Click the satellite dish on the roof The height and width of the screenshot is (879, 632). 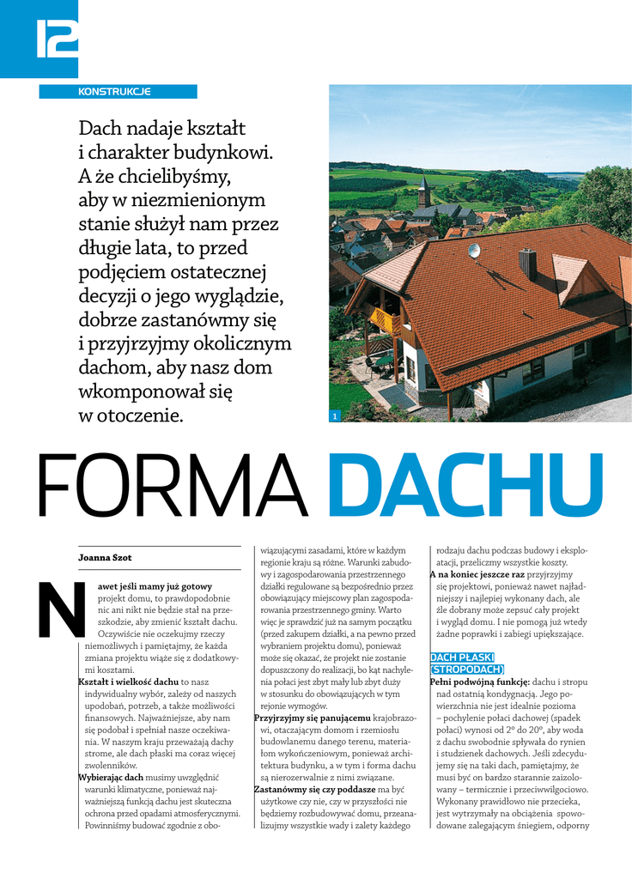click(473, 251)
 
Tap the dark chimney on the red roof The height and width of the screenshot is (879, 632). click(527, 264)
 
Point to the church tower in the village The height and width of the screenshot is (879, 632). click(423, 192)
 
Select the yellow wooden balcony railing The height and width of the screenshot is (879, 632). click(383, 320)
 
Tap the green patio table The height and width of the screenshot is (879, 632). click(383, 361)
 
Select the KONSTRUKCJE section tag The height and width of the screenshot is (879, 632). click(115, 91)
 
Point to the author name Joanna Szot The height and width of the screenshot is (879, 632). click(105, 558)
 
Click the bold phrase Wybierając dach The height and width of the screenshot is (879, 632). click(112, 776)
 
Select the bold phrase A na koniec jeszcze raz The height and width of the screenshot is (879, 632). click(477, 573)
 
